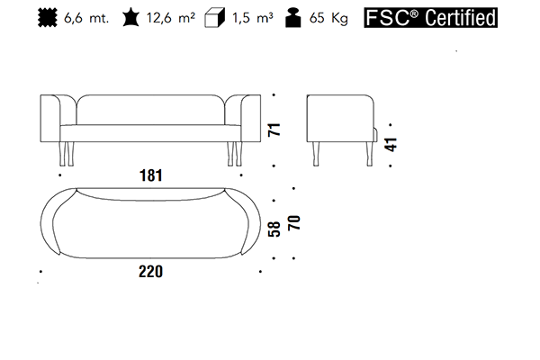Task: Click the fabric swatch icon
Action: tap(47, 18)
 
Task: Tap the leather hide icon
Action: tap(130, 18)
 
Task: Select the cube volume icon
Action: tap(214, 18)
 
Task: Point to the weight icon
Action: tap(293, 18)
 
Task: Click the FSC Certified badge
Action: tap(430, 18)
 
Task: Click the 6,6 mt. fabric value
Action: tap(86, 18)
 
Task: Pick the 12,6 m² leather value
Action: tap(171, 18)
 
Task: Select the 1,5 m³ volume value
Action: tap(252, 18)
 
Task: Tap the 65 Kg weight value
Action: tap(328, 18)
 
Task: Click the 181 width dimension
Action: tap(151, 175)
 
